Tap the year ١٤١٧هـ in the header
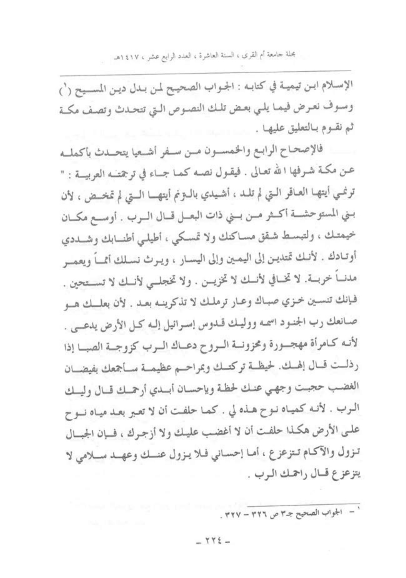pos(122,59)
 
